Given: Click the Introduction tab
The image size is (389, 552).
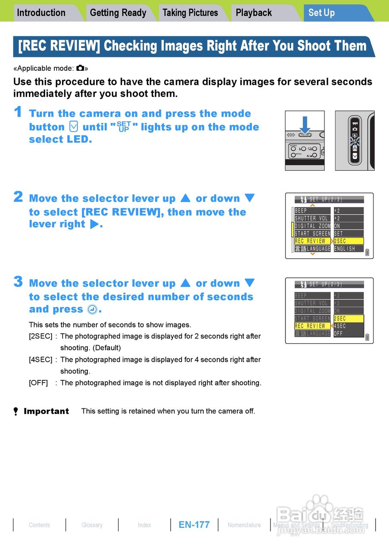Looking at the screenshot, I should tap(41, 13).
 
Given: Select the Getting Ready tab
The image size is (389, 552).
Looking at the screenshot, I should tap(118, 13).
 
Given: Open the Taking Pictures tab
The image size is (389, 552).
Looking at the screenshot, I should tap(190, 13).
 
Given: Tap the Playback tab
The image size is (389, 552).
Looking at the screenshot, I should tap(254, 13).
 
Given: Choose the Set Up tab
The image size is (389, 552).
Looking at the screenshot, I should tap(321, 13).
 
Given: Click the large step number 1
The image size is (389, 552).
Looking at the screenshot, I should tap(18, 112).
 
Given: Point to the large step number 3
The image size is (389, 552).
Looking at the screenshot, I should tap(18, 282).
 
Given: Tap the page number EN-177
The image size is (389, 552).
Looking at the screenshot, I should tap(194, 525).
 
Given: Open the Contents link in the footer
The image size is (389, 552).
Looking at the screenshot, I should tap(39, 525).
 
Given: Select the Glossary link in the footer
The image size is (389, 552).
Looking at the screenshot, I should tap(92, 525).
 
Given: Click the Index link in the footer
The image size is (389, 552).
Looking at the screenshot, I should tap(144, 525).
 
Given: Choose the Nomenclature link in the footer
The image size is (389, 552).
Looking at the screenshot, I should tap(244, 525).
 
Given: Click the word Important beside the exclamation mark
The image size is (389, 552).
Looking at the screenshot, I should tap(46, 411).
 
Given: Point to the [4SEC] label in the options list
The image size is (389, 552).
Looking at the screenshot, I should tap(40, 360).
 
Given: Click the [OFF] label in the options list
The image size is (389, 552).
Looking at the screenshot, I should tap(38, 383).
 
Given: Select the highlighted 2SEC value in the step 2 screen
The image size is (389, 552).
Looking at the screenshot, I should tap(348, 241).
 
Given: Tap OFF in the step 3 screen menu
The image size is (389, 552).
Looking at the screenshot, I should tap(339, 334).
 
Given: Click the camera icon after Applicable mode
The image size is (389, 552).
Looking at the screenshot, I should tap(81, 68).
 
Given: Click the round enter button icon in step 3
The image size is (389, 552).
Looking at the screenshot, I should tap(92, 310).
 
